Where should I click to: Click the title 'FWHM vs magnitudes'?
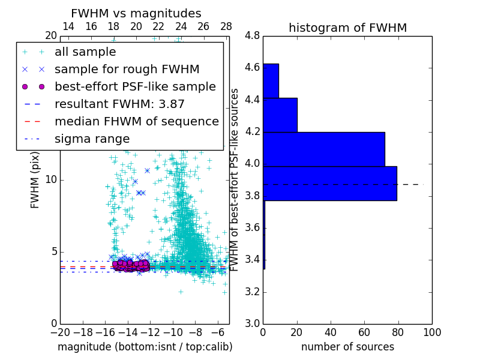[136, 14]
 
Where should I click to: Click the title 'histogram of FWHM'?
[347, 28]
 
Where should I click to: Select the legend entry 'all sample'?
[85, 52]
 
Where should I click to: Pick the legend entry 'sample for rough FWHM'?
[127, 70]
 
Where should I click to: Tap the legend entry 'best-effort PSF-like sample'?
[135, 86]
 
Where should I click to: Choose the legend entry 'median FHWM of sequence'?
[136, 121]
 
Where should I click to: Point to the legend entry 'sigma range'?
[92, 139]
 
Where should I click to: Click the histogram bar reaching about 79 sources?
[329, 183]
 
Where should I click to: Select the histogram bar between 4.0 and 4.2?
[323, 149]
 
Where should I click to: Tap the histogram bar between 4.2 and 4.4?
[280, 115]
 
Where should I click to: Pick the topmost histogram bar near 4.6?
[271, 80]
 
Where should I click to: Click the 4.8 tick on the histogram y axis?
[252, 36]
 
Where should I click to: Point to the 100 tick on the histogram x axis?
[432, 332]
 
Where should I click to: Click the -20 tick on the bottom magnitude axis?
[60, 332]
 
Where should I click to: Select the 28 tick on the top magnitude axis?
[226, 26]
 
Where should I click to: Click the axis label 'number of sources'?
[347, 347]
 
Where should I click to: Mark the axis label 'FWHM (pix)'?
[35, 181]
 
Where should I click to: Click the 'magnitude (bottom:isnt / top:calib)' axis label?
[145, 347]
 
